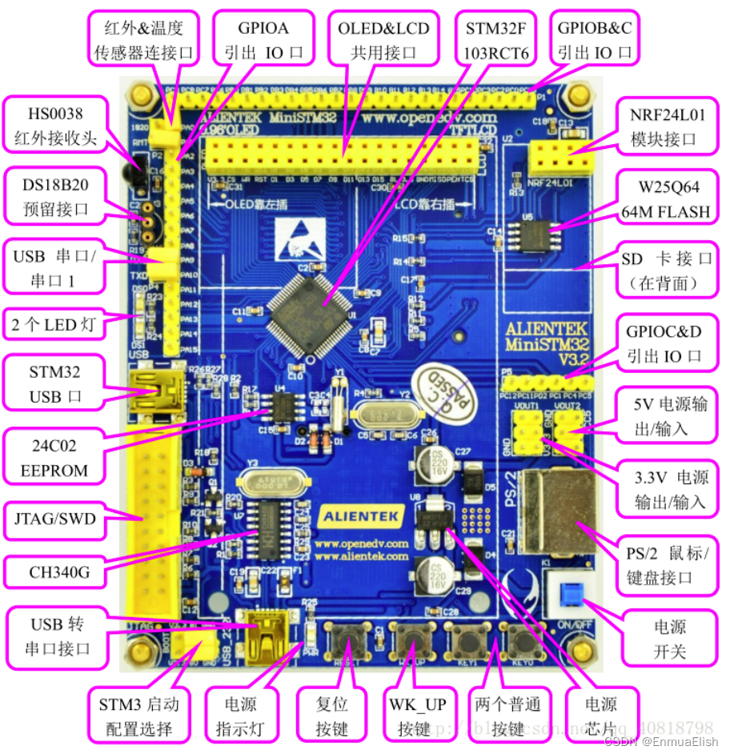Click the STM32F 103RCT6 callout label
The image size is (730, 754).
(x=497, y=40)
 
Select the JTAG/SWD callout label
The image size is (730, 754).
(x=54, y=519)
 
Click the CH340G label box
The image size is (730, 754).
(x=54, y=572)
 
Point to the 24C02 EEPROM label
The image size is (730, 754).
(x=54, y=458)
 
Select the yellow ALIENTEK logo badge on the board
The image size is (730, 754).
(x=363, y=517)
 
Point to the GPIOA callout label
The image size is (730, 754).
(x=263, y=40)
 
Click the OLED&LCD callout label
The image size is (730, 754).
(x=383, y=40)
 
